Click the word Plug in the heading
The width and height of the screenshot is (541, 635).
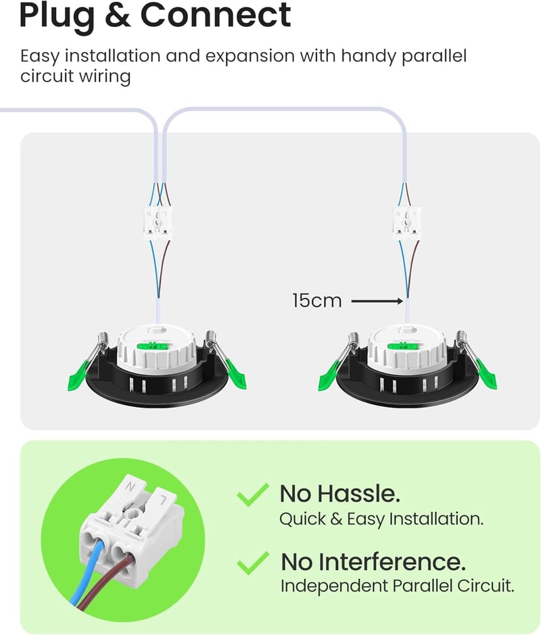tap(57, 16)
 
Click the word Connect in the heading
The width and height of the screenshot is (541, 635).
tap(216, 15)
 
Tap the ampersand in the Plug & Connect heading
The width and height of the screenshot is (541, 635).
tap(118, 15)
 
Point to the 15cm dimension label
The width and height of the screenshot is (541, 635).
tap(317, 301)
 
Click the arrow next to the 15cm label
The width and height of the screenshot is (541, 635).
tap(377, 301)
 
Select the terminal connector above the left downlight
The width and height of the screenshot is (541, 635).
tap(157, 222)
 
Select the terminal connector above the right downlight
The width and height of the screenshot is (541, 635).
tap(407, 222)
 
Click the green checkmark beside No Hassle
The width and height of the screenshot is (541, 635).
tap(253, 494)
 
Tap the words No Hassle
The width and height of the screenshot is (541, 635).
tap(339, 494)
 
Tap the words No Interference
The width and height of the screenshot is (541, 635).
tap(373, 562)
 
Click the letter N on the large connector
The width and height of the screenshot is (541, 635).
tap(130, 486)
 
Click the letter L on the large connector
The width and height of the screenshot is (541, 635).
tap(163, 500)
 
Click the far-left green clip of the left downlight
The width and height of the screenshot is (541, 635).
tap(78, 376)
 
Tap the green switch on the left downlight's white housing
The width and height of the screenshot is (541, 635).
tap(153, 346)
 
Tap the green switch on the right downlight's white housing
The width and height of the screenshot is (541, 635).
tap(403, 346)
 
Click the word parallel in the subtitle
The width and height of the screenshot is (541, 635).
tap(434, 56)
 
